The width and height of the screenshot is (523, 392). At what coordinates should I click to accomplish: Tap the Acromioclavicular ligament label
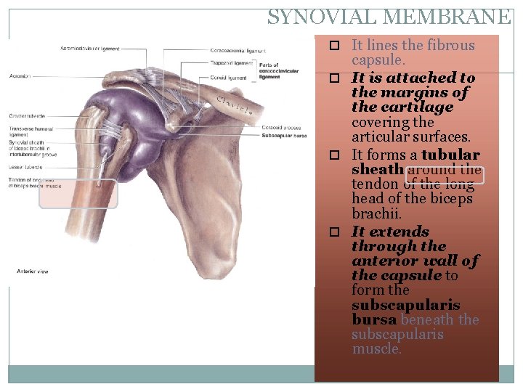click(x=91, y=49)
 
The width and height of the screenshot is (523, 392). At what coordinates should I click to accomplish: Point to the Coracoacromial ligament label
click(x=238, y=51)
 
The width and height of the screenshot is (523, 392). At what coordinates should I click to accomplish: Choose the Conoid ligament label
click(x=228, y=78)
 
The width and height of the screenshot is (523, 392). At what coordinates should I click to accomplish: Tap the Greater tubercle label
click(x=27, y=115)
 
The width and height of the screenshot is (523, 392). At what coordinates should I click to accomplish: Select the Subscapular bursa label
click(x=285, y=135)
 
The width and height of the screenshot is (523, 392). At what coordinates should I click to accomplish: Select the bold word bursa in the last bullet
click(x=373, y=319)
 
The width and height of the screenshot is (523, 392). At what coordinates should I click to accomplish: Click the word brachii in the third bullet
click(x=374, y=214)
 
